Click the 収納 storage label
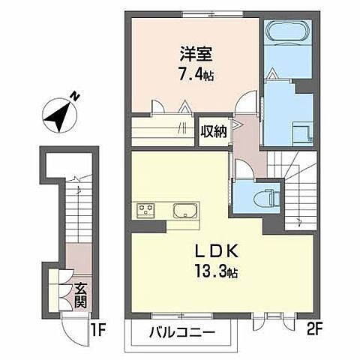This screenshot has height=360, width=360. (x=213, y=132)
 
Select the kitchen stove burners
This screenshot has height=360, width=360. (x=144, y=209)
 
